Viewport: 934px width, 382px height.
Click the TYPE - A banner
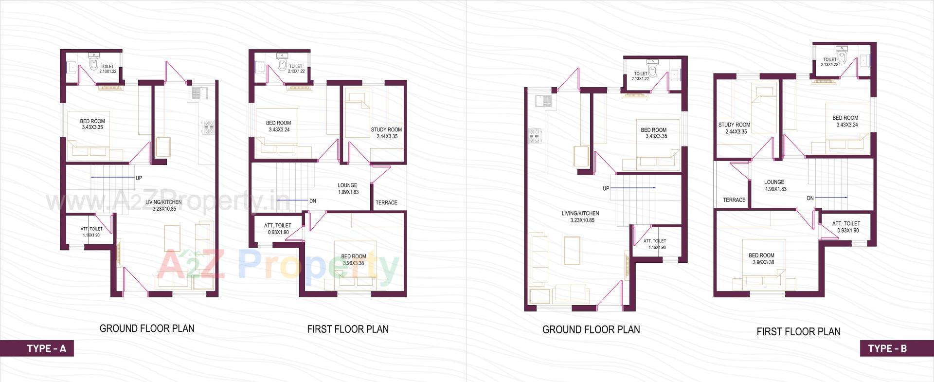46,348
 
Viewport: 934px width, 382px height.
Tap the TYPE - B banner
887,348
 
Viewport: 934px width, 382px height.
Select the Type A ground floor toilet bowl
94,64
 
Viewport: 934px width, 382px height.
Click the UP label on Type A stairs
139,178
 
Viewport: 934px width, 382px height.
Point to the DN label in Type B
810,198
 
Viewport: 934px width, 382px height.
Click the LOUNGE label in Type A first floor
347,185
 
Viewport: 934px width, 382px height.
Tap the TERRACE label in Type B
734,200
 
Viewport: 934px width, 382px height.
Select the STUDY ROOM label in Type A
386,130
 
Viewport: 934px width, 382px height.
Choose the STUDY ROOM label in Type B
734,125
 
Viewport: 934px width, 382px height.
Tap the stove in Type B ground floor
535,136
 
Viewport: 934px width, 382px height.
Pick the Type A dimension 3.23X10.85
164,209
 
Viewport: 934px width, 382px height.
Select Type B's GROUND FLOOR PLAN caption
591,330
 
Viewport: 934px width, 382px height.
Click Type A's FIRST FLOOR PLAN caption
348,329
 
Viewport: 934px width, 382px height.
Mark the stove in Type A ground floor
208,127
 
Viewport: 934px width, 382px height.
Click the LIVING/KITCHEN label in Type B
580,214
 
